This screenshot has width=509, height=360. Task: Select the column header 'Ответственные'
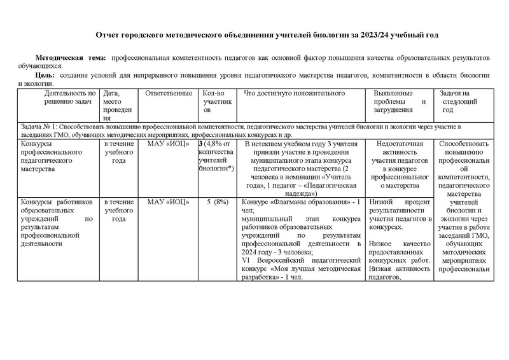point(169,93)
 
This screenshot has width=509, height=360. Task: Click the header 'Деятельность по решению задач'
point(60,99)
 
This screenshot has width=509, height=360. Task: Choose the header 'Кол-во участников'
point(217,102)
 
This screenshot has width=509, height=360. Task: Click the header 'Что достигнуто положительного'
point(294,93)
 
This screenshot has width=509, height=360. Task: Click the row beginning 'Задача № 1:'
point(254,132)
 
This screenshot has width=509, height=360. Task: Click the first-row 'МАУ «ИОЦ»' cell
point(169,144)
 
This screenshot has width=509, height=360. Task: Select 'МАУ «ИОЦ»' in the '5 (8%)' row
point(169,202)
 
